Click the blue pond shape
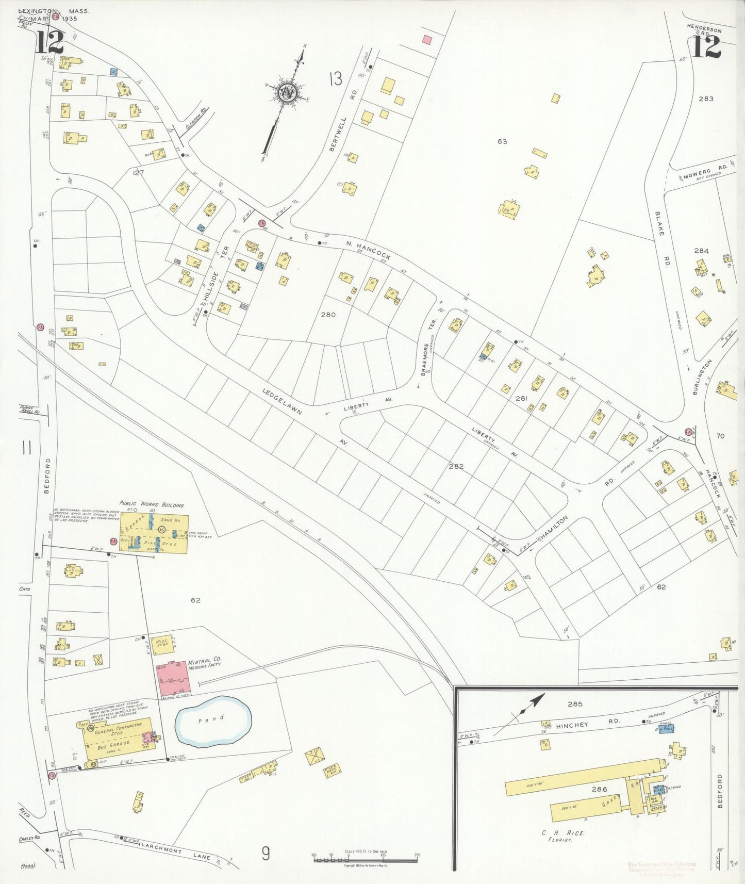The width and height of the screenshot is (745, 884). click(213, 722)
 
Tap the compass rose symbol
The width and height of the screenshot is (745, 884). click(287, 93)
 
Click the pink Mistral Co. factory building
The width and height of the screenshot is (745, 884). click(173, 679)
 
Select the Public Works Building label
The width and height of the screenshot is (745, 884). click(152, 504)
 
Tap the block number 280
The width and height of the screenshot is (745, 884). click(328, 314)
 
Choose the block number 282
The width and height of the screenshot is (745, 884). click(456, 466)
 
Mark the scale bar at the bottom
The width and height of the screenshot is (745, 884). click(365, 859)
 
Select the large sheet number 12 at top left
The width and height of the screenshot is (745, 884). click(49, 43)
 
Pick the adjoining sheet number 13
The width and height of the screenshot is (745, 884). click(335, 78)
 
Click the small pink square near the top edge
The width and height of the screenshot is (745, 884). click(426, 39)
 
